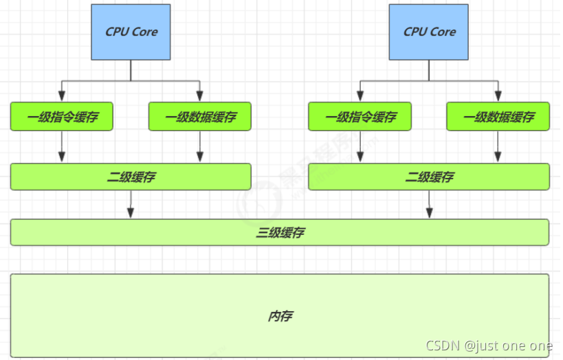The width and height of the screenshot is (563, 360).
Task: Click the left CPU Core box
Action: (x=131, y=32)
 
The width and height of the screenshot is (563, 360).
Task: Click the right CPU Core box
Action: (x=429, y=32)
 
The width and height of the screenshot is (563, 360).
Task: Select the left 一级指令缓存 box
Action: (x=62, y=117)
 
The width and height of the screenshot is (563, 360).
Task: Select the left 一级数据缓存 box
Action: (x=200, y=117)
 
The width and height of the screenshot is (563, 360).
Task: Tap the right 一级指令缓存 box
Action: (x=360, y=117)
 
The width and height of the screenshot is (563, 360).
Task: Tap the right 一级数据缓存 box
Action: (x=498, y=117)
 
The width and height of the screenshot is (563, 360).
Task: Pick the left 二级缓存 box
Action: (x=131, y=177)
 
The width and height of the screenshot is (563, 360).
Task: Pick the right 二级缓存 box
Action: (x=429, y=177)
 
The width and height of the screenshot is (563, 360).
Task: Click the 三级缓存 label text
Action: (x=280, y=233)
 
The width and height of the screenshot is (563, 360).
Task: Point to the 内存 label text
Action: (x=280, y=316)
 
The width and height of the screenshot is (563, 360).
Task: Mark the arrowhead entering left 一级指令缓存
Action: (x=62, y=97)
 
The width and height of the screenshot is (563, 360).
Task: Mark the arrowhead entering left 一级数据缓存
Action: (x=200, y=97)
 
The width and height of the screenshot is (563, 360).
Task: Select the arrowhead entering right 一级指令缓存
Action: (x=360, y=97)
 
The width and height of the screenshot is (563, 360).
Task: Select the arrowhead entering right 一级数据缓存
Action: (x=498, y=97)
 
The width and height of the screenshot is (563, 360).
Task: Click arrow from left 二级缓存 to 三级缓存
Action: (x=131, y=205)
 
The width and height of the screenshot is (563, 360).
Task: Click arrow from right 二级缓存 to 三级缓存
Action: (x=430, y=205)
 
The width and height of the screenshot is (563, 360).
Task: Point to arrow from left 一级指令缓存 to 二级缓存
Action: (x=62, y=146)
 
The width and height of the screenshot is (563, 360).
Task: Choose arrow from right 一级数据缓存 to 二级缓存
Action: (x=498, y=146)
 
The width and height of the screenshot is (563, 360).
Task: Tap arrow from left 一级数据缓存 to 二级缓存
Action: (x=200, y=146)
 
